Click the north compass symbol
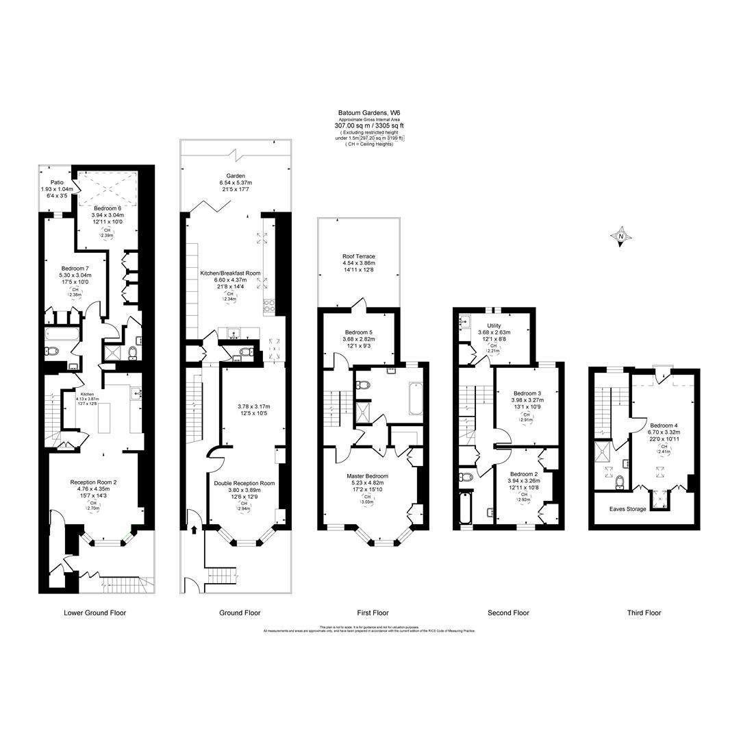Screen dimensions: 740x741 click(x=621, y=237)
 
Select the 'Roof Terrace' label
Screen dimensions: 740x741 click(x=358, y=256)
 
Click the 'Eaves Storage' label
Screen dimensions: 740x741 click(x=628, y=509)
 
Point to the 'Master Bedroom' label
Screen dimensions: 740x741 click(x=367, y=476)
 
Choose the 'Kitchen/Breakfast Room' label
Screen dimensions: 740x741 click(x=230, y=273)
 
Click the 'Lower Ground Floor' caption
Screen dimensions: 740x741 click(x=95, y=613)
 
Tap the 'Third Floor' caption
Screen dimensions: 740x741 click(x=644, y=613)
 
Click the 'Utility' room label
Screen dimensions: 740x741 click(x=494, y=325)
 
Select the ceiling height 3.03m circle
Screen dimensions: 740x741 click(x=368, y=499)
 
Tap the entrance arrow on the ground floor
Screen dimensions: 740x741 click(x=194, y=529)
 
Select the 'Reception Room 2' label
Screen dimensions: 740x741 click(x=93, y=482)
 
